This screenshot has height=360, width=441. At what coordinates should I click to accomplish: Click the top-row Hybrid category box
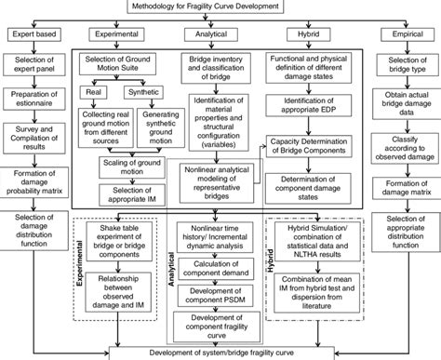309,34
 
